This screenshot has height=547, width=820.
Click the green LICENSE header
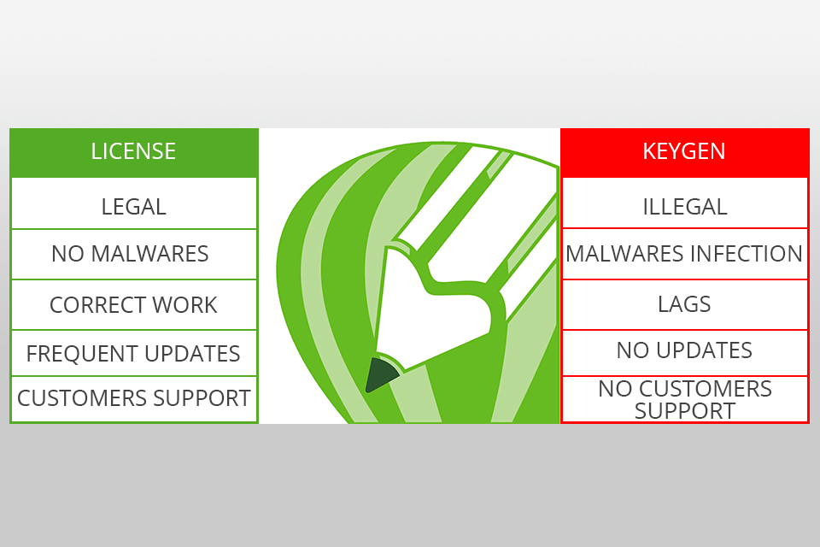coord(133,152)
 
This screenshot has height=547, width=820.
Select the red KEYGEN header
coord(684,152)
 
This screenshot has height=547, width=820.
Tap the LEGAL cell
coord(133,206)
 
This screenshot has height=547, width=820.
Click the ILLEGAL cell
coord(684,206)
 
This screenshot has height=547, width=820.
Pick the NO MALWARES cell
coord(130,254)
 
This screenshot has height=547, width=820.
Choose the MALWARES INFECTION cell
coord(684,254)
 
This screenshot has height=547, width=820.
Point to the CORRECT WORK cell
coord(133,305)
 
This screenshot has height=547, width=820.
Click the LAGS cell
coord(684,304)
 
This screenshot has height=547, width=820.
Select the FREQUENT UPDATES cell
coord(133,353)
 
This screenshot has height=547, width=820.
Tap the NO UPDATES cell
coord(684,350)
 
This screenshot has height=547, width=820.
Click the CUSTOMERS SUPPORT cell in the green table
coord(133,398)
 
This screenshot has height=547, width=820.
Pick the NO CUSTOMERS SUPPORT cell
coord(684,399)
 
